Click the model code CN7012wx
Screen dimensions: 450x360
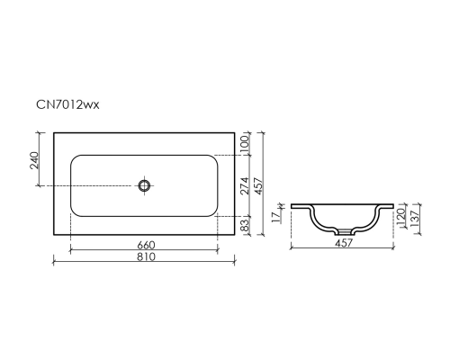pyautogui.click(x=67, y=104)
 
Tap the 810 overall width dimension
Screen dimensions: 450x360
pyautogui.click(x=147, y=256)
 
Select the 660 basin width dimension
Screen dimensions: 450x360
pyautogui.click(x=147, y=245)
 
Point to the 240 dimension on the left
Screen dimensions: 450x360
pyautogui.click(x=35, y=160)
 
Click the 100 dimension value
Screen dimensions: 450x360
pyautogui.click(x=245, y=144)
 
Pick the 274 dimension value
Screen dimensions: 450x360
pyautogui.click(x=245, y=185)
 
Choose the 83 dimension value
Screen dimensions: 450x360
pyautogui.click(x=245, y=225)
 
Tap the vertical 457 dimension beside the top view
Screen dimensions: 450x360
pyautogui.click(x=258, y=186)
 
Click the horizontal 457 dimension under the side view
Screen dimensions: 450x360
pyautogui.click(x=344, y=243)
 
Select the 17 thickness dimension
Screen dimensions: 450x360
pyautogui.click(x=276, y=216)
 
